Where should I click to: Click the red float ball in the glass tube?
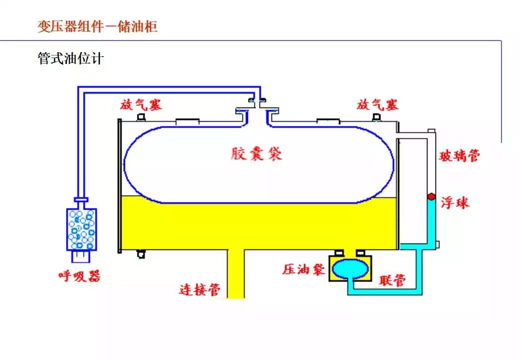[430, 197]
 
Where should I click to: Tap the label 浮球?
[455, 202]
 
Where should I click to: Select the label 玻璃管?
[459, 155]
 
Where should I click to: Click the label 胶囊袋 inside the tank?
[256, 153]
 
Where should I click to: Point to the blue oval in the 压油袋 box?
[350, 268]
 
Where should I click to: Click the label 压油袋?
[303, 269]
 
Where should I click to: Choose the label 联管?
[391, 280]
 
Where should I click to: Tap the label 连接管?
[200, 289]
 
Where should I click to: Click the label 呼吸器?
[78, 276]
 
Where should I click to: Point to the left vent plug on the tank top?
[141, 117]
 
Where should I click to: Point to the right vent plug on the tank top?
[376, 117]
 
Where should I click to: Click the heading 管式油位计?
[70, 58]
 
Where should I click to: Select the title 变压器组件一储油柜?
[97, 26]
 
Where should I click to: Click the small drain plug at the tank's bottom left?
[141, 254]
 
